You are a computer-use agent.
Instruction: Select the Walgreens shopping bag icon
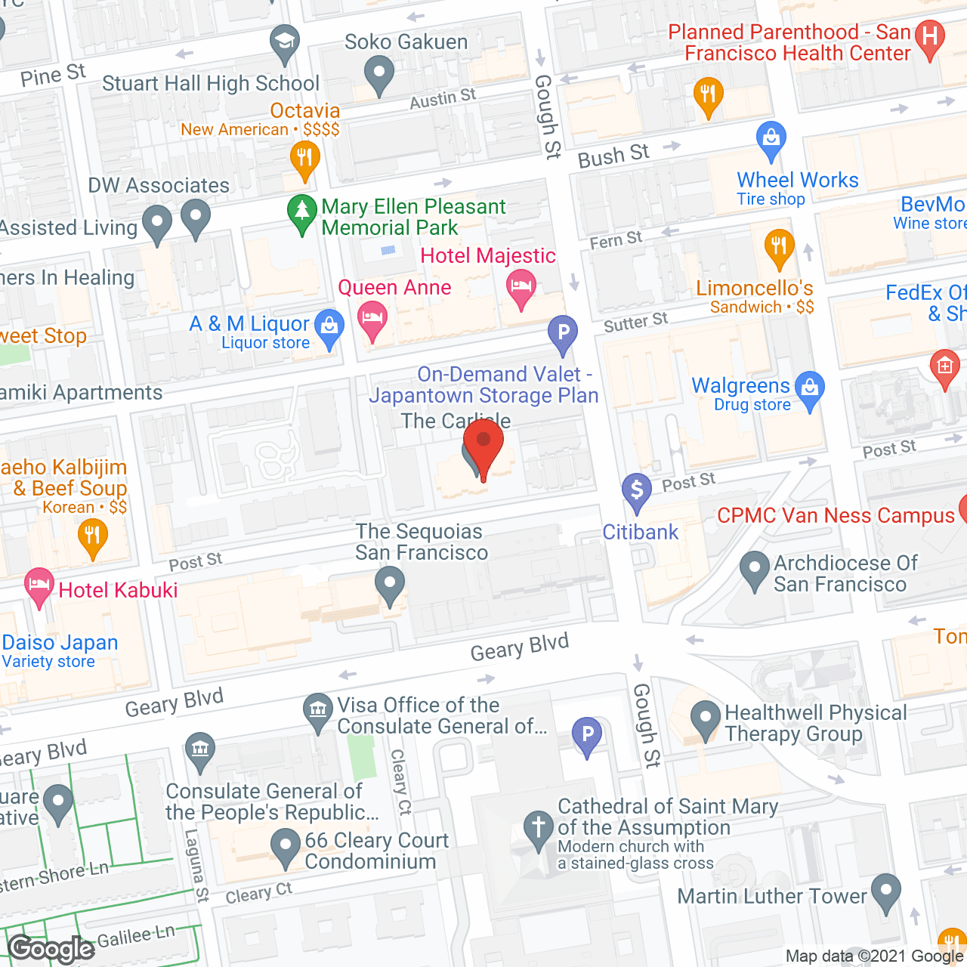[810, 390]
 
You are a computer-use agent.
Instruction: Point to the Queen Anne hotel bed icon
[372, 320]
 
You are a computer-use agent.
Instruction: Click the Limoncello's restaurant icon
[779, 247]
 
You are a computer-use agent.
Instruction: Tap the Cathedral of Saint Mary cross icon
[539, 828]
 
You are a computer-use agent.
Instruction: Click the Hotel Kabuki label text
[118, 590]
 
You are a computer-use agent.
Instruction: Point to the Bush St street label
[613, 156]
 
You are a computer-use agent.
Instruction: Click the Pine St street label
[53, 76]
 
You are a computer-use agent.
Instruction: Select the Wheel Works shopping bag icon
[771, 139]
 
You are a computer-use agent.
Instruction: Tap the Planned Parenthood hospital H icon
[930, 38]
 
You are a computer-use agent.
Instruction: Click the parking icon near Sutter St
[563, 333]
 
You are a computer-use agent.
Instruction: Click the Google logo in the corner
[51, 949]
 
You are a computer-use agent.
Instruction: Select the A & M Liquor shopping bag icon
[329, 328]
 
